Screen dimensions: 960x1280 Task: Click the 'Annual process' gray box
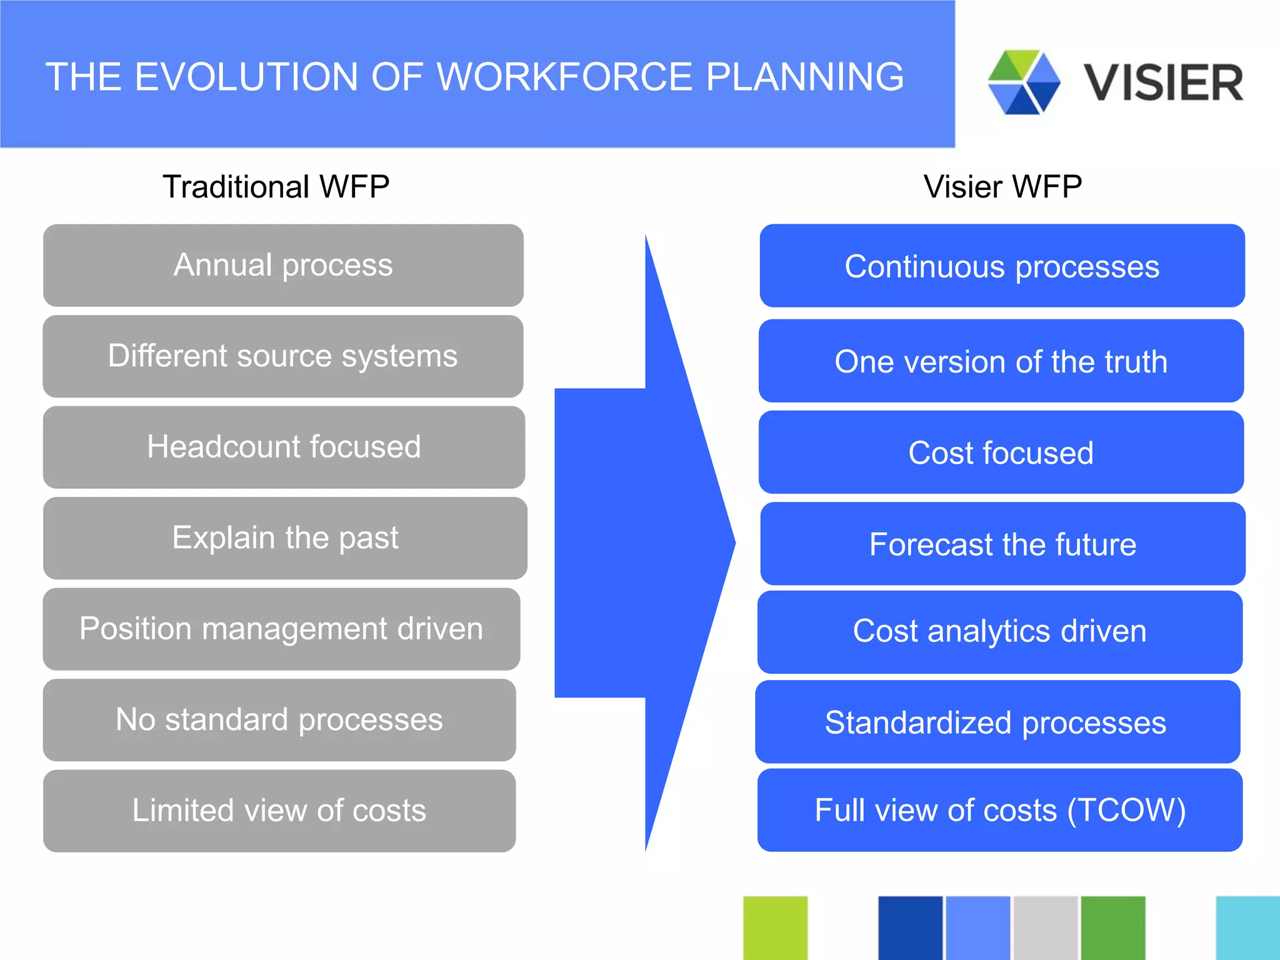click(283, 265)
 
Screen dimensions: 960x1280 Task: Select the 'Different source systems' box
click(283, 356)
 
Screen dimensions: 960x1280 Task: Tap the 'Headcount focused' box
click(284, 447)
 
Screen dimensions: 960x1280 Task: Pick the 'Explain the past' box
click(285, 538)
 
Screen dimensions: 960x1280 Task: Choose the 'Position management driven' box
click(281, 629)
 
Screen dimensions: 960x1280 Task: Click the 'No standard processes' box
click(279, 720)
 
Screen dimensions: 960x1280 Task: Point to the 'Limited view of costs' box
click(279, 811)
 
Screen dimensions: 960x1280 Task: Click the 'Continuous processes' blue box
click(1002, 266)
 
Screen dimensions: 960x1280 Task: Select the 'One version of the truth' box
click(1001, 361)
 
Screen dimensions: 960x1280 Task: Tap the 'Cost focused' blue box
click(1001, 452)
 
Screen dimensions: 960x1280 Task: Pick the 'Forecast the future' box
click(1002, 544)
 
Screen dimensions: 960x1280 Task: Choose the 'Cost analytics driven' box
click(999, 631)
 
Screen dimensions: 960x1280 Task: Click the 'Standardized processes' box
click(997, 722)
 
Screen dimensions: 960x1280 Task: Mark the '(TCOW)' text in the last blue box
click(1126, 811)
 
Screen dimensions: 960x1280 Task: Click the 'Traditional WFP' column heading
click(276, 187)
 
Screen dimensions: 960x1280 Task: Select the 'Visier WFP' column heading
click(1002, 187)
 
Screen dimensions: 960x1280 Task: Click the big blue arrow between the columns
click(644, 542)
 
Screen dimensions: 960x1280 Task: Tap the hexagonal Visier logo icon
click(1024, 82)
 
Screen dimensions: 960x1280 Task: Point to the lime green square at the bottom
click(775, 927)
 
